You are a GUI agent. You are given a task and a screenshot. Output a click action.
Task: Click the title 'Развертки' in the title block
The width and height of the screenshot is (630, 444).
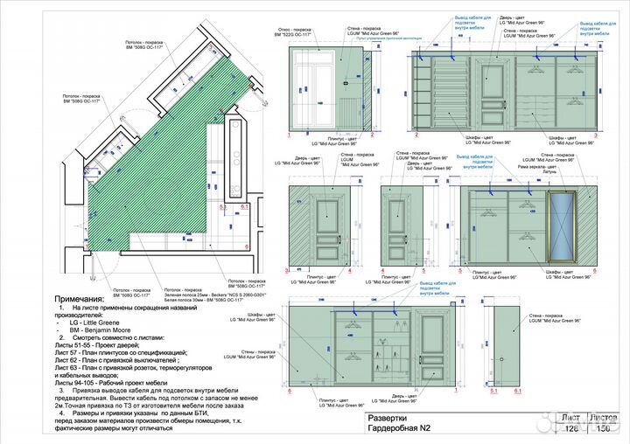pos(387,418)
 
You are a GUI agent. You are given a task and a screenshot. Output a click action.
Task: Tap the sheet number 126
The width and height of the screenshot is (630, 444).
pos(572,429)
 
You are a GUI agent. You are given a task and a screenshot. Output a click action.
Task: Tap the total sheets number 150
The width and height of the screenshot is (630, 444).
pos(603,429)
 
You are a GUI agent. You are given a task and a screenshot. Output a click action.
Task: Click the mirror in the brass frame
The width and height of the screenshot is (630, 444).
pos(561,226)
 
